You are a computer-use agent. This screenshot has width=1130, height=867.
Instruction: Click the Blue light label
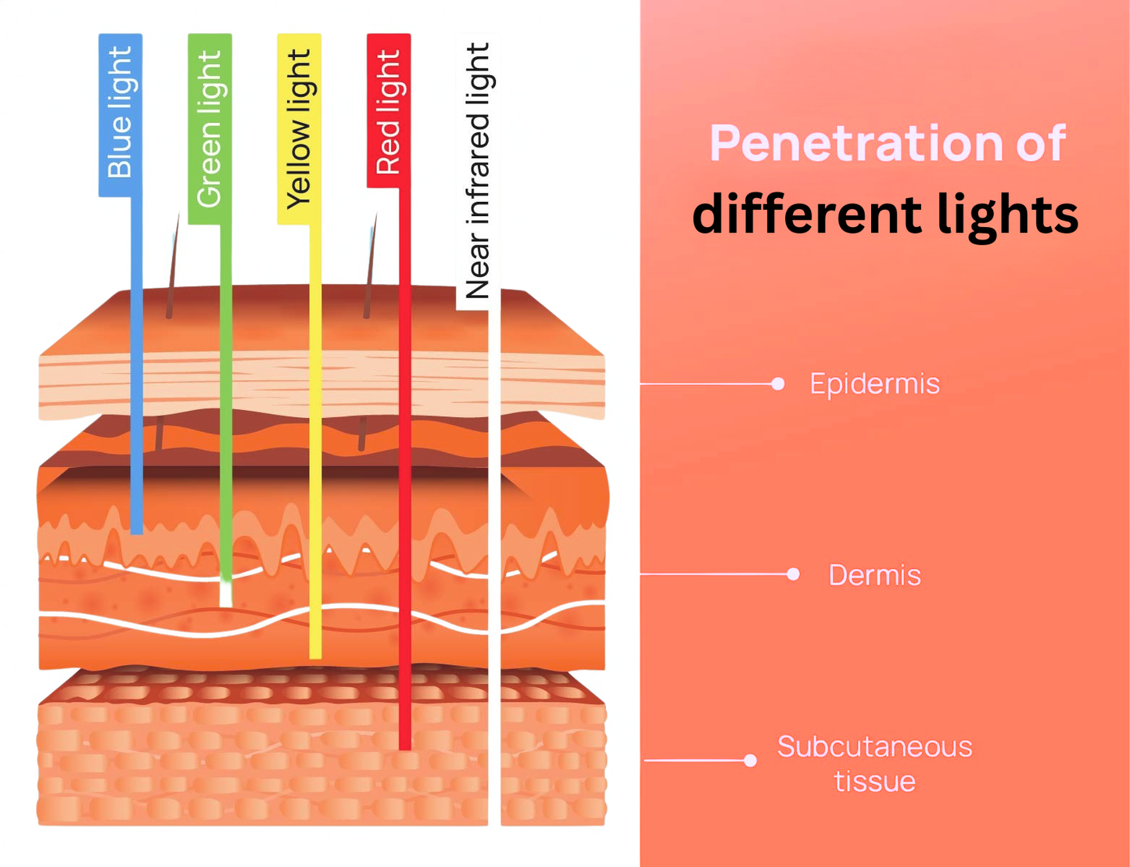tap(120, 113)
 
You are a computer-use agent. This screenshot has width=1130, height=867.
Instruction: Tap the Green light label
tap(210, 129)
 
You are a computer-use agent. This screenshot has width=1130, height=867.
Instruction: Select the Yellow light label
tap(299, 129)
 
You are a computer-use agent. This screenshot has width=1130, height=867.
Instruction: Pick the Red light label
tap(389, 111)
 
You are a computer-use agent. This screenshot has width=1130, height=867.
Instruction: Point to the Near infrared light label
tap(477, 172)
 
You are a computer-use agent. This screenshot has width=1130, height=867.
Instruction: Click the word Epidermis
tap(874, 384)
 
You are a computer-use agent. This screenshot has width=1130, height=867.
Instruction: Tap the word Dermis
tap(874, 575)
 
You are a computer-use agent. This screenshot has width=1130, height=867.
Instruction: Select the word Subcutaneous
tap(874, 746)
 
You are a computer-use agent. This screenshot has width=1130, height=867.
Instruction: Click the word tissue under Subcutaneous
tap(874, 781)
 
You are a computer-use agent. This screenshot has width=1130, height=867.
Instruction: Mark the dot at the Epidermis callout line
tap(777, 383)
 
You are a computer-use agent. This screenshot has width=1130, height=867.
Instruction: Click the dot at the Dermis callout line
tap(793, 574)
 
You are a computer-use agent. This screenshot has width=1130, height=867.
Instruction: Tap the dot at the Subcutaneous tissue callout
tap(750, 760)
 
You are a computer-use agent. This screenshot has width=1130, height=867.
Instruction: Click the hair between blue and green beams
tap(172, 266)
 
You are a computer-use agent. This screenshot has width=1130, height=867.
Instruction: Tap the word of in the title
tap(1041, 143)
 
